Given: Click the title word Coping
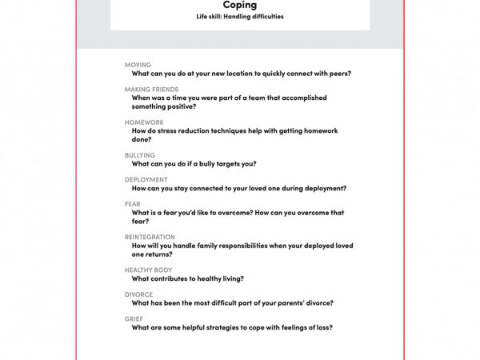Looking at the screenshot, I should coord(239,6).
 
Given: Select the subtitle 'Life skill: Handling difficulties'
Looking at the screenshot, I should coord(239,17).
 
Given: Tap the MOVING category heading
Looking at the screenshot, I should coord(138,65).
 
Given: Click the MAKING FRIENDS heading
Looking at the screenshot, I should coord(151,90).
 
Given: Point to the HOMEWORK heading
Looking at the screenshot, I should coord(144,122).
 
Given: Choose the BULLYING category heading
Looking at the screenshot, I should coord(140,155).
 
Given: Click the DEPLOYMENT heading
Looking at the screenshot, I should coord(146,180).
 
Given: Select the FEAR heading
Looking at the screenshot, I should coord(133,205).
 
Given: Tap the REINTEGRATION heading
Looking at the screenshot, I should coord(150,238).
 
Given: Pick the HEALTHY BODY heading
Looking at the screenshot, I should coord(148,270).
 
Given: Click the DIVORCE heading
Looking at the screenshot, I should coord(139,294).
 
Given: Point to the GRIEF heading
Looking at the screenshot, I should coord(134,319).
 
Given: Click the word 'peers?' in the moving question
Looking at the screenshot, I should coord(338,74).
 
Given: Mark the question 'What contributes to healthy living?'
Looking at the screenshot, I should coord(188,278).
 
